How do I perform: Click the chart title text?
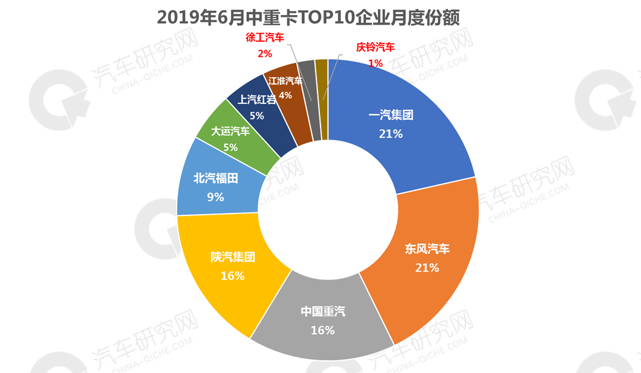[x=308, y=18]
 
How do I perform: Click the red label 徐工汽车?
[x=264, y=38]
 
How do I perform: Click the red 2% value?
[x=264, y=54]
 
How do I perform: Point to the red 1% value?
[x=376, y=63]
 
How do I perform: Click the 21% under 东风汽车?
[x=427, y=267]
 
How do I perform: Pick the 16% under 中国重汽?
[x=323, y=330]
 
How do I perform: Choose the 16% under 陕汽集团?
[x=233, y=276]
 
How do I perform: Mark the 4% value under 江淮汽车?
[x=285, y=95]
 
